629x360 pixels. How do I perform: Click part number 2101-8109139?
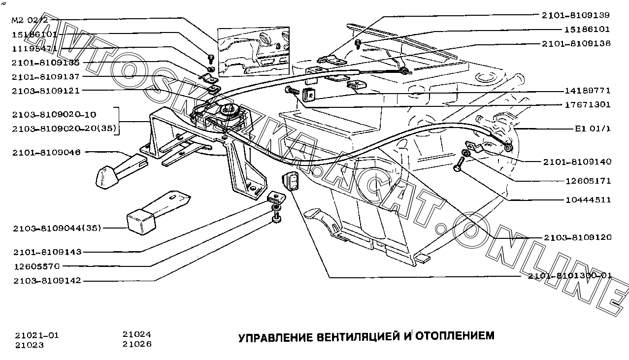(x=576, y=15)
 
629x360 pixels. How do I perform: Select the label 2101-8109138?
(x=576, y=43)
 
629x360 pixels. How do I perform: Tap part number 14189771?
(x=588, y=91)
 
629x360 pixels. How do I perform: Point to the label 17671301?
(x=588, y=105)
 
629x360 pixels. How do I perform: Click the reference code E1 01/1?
(x=593, y=129)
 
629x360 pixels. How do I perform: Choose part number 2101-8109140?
(x=577, y=162)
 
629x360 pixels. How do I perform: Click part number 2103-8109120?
(x=578, y=237)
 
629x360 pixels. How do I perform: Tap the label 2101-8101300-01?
(x=570, y=276)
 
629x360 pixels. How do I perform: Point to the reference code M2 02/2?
(x=30, y=21)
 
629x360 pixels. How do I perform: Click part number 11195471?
(x=34, y=49)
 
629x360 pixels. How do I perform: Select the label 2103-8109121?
(x=46, y=91)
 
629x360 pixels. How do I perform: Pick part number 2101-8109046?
(x=47, y=153)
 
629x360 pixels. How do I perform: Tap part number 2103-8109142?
(x=47, y=281)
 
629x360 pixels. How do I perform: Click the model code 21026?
(x=137, y=344)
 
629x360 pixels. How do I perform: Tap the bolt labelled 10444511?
(x=460, y=163)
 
